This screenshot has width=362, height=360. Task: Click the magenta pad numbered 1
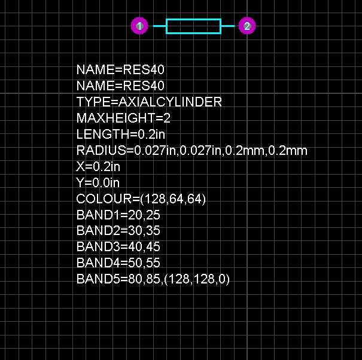(x=139, y=26)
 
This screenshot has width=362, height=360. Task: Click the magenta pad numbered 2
(x=247, y=26)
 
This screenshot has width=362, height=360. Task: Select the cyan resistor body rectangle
(x=193, y=19)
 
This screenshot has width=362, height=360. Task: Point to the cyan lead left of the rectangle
(x=160, y=26)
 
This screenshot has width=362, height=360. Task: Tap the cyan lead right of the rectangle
(x=228, y=26)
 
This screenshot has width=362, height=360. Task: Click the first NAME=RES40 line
(x=120, y=69)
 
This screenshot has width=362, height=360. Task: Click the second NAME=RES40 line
(x=120, y=86)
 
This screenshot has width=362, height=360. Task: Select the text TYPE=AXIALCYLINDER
(x=149, y=102)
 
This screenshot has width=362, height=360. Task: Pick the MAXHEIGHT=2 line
(x=123, y=118)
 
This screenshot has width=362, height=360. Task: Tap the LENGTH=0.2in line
(x=121, y=134)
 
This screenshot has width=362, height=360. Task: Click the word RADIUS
(x=101, y=150)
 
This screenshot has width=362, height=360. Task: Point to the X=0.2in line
(x=98, y=166)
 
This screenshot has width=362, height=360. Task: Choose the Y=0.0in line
(x=98, y=182)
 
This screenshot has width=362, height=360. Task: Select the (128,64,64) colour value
(x=173, y=199)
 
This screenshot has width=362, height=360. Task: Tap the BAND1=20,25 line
(x=118, y=215)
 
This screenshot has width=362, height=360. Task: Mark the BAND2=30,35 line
(x=118, y=231)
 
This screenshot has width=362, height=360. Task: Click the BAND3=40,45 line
(x=118, y=247)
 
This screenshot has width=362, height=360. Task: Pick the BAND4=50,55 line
(x=118, y=263)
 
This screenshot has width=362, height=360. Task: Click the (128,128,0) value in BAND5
(x=197, y=279)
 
